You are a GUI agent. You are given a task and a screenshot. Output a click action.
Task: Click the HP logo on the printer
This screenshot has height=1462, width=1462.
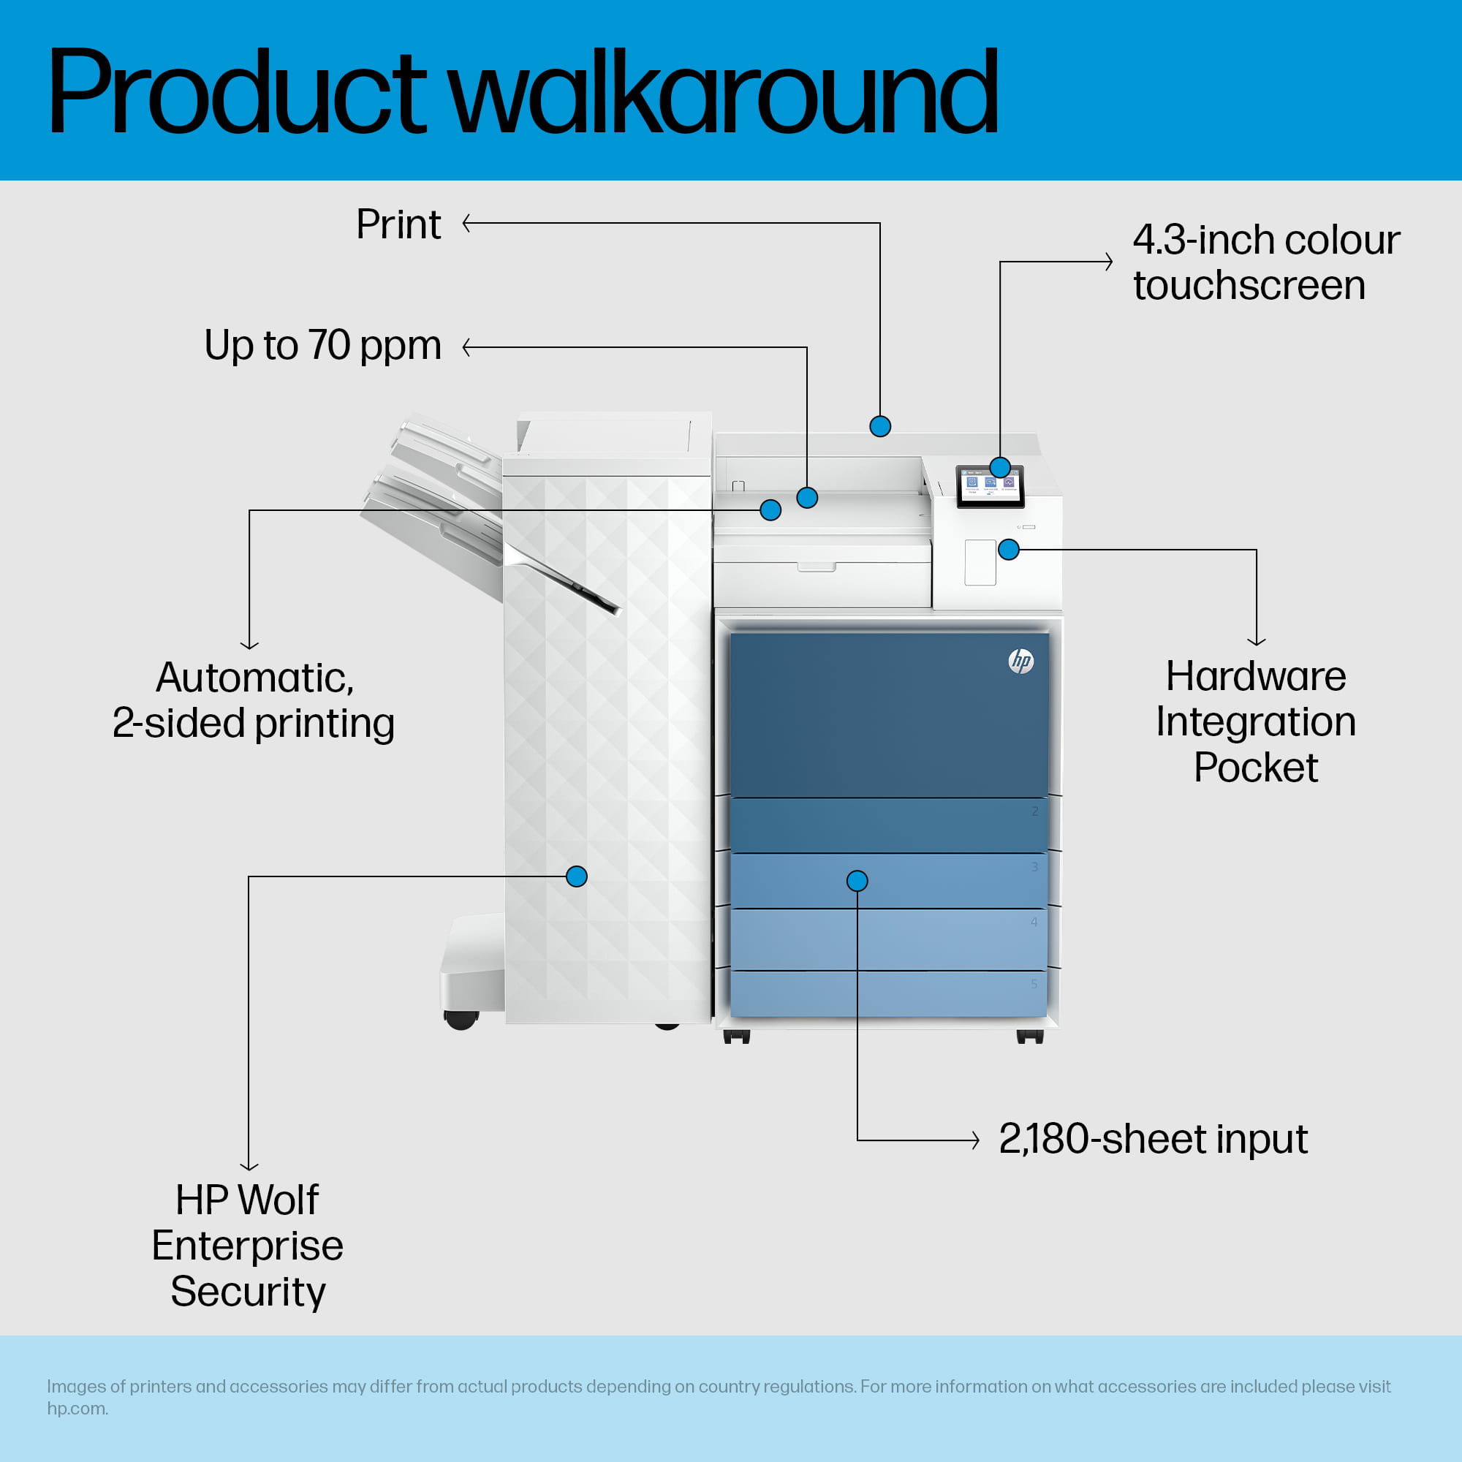1020,661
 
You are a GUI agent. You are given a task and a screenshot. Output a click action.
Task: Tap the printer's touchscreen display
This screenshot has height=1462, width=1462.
990,486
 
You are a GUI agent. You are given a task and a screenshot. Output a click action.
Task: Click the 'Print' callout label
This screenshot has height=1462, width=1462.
398,224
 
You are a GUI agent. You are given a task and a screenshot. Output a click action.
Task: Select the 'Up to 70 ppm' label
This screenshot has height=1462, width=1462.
322,346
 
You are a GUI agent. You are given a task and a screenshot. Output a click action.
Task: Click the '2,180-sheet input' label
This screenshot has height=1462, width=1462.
1153,1139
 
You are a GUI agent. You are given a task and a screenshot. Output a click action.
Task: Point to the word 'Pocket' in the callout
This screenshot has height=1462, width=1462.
1255,768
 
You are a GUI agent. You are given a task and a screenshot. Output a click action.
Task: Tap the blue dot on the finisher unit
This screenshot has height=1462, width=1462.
577,876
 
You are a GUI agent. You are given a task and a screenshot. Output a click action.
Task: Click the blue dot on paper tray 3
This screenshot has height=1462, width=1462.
857,880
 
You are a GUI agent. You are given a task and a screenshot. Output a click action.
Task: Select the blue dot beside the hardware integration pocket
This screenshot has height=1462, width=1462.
1009,550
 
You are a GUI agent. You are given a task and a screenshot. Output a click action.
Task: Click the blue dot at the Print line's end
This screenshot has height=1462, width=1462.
880,426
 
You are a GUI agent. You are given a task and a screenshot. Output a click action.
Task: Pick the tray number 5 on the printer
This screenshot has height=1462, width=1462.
1034,984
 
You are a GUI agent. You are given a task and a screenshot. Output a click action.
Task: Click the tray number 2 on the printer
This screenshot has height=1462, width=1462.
1034,811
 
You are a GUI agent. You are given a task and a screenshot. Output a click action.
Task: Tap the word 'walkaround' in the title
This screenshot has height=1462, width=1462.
724,91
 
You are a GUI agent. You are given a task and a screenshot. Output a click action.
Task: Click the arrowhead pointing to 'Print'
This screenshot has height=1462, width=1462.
466,223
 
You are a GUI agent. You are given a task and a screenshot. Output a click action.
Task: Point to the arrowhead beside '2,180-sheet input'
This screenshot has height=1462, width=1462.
976,1140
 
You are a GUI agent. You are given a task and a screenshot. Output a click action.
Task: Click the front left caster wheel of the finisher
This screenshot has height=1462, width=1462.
461,1020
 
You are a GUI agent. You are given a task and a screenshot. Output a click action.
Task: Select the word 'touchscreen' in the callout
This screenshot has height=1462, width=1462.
1249,285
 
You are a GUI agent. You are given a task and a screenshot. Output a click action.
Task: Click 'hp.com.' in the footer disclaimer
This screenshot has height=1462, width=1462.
77,1409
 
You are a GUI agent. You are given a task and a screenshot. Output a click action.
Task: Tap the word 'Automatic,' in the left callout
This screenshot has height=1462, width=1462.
255,678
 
